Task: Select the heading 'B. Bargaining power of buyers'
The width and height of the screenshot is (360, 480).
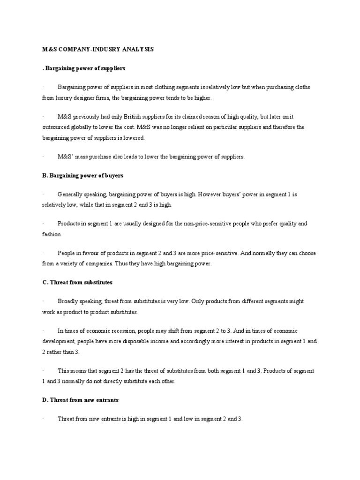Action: (82, 175)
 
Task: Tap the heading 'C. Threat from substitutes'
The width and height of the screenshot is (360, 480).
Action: (77, 283)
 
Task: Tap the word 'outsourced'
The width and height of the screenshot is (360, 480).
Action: (57, 127)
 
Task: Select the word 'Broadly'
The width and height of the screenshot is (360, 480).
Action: (68, 301)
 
